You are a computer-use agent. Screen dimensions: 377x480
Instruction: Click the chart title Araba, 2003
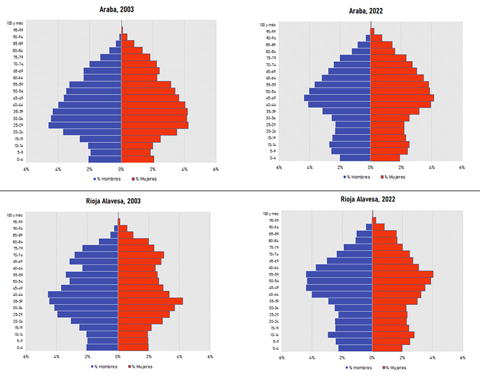(x=121, y=10)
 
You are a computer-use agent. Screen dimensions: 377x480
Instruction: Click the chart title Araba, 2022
(x=370, y=11)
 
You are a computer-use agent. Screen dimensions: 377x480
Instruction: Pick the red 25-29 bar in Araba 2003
(x=154, y=125)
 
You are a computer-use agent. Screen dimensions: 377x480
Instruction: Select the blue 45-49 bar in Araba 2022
(x=337, y=98)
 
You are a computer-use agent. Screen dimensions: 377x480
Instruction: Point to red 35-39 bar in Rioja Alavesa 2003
(x=150, y=301)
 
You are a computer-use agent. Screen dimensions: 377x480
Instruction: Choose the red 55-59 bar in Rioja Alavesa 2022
(x=402, y=274)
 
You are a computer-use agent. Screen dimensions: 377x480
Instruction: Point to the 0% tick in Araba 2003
(x=121, y=169)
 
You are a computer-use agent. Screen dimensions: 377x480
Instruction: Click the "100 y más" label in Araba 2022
(x=268, y=25)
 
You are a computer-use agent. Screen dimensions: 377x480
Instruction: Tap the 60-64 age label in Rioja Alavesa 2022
(x=271, y=268)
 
